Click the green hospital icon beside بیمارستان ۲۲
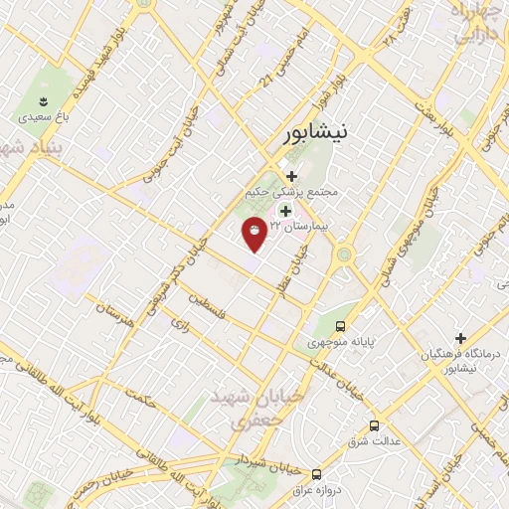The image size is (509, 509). (x=286, y=211)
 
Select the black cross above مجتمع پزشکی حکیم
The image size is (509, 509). (x=290, y=176)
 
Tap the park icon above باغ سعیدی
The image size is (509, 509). (x=43, y=101)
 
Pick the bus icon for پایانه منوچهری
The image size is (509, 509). (x=341, y=326)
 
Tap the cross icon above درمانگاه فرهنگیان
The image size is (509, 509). (x=460, y=338)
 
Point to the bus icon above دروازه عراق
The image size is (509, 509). (x=316, y=474)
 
